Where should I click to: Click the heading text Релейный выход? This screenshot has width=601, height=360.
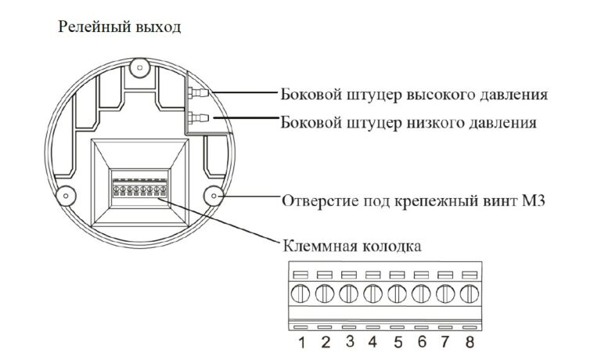click(x=119, y=27)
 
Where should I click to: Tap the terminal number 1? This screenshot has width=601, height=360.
click(x=302, y=342)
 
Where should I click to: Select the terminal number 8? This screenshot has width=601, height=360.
click(x=470, y=341)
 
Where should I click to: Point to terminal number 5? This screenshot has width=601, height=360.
click(x=398, y=342)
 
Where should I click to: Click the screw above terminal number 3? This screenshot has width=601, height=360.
click(x=348, y=294)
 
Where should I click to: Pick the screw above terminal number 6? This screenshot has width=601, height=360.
click(x=421, y=294)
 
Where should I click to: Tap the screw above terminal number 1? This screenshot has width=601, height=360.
click(x=300, y=294)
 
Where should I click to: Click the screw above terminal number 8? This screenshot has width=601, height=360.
click(x=470, y=294)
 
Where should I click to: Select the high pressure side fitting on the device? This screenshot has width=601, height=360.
click(x=198, y=92)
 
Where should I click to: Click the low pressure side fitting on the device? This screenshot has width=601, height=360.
click(x=198, y=117)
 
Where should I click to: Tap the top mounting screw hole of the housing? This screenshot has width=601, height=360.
click(x=139, y=68)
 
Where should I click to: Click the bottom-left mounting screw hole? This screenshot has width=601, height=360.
click(x=66, y=196)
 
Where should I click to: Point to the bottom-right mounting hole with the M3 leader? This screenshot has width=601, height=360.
click(x=213, y=196)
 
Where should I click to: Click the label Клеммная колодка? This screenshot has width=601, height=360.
click(x=352, y=246)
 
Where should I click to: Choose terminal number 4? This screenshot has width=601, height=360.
click(x=372, y=341)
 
